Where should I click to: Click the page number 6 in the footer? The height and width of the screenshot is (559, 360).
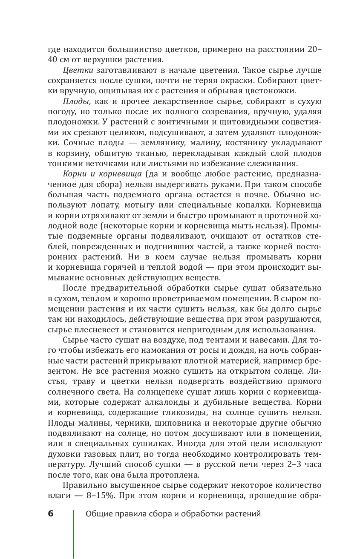pos(51,513)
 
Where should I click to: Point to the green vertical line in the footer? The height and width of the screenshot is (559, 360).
pos(73,534)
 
